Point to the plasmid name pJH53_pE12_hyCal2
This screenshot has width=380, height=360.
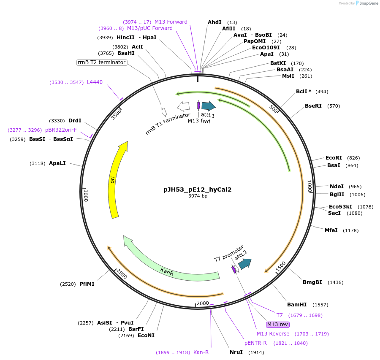coord(197,189)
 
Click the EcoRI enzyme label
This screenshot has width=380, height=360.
coord(334,157)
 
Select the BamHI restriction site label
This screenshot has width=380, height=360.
coord(296,304)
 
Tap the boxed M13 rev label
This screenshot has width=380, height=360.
coord(277,325)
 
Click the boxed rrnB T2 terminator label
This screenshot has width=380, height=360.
coord(102,62)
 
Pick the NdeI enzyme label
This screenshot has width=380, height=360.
coord(337,186)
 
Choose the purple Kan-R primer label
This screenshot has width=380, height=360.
coord(201,352)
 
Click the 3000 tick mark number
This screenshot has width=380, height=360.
coord(86,195)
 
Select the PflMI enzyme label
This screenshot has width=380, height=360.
coord(87,284)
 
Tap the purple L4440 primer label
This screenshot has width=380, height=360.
coord(95,82)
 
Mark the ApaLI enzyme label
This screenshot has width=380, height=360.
coord(57,163)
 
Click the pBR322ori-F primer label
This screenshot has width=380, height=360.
coord(61,130)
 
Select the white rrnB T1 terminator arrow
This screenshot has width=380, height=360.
coord(183,106)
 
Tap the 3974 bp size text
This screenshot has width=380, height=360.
coord(197,196)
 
